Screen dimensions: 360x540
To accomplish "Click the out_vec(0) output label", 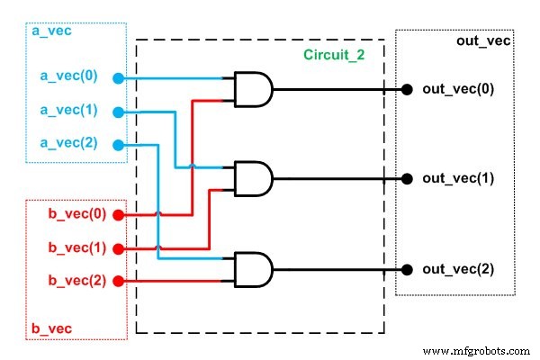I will click(457, 89).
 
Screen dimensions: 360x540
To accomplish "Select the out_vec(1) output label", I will click(457, 179).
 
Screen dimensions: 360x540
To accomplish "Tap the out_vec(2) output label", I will click(457, 269).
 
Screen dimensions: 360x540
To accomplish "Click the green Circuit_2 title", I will click(333, 56).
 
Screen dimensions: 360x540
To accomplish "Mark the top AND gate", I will click(251, 89).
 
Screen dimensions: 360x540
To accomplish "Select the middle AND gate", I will click(251, 178).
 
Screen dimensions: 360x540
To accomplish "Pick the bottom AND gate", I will click(251, 269).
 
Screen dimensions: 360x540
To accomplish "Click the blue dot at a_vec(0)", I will click(117, 78).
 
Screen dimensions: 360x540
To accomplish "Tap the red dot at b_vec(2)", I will click(117, 281).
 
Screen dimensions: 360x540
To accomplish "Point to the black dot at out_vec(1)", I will click(407, 179).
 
